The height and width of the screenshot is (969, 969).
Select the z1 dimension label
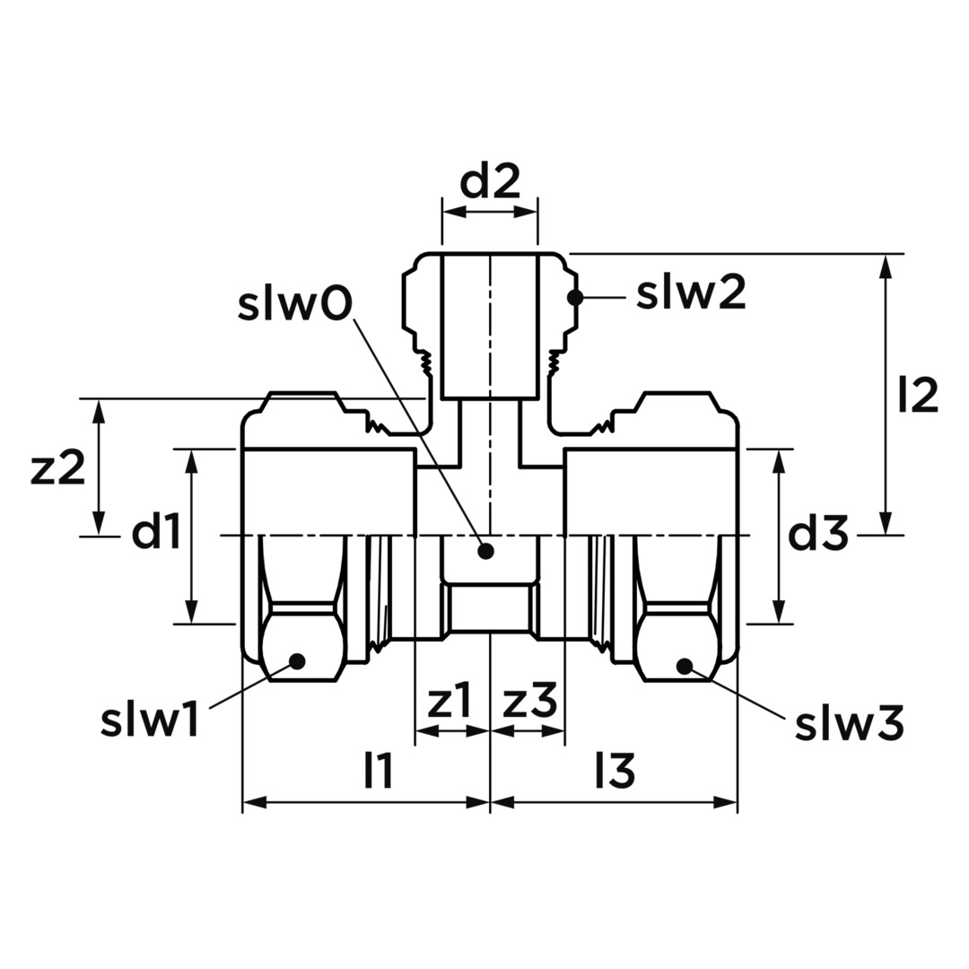(x=450, y=700)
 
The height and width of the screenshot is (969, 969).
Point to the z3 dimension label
(x=530, y=700)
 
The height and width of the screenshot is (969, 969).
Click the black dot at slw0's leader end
(x=486, y=551)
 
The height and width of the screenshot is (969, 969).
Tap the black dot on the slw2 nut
(x=575, y=297)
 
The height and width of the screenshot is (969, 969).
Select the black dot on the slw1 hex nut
(x=298, y=660)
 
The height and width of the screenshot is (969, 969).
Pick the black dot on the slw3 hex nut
(x=684, y=666)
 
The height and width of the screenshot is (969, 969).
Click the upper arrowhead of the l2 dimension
(x=886, y=267)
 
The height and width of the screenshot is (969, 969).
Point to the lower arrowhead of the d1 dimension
(x=194, y=611)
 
